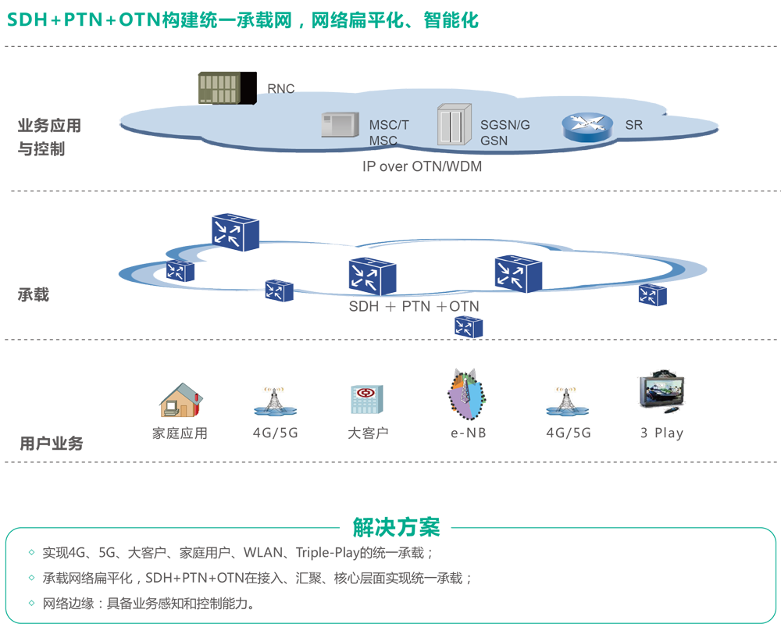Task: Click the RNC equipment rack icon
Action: click(x=227, y=87)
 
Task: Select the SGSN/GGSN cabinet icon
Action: click(x=454, y=125)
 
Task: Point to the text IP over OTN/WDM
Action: click(x=422, y=166)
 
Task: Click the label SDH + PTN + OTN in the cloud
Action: click(x=414, y=307)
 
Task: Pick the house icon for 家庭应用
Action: click(x=181, y=401)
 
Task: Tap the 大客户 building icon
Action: click(x=366, y=400)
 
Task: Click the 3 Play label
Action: click(x=662, y=433)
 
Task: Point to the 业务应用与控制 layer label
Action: click(x=49, y=137)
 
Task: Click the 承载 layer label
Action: click(x=34, y=294)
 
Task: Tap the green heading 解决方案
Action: click(x=397, y=527)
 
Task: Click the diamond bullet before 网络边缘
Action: click(x=31, y=604)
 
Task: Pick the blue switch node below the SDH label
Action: click(x=469, y=326)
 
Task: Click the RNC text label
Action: click(x=281, y=89)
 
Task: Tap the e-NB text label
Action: click(x=468, y=433)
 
